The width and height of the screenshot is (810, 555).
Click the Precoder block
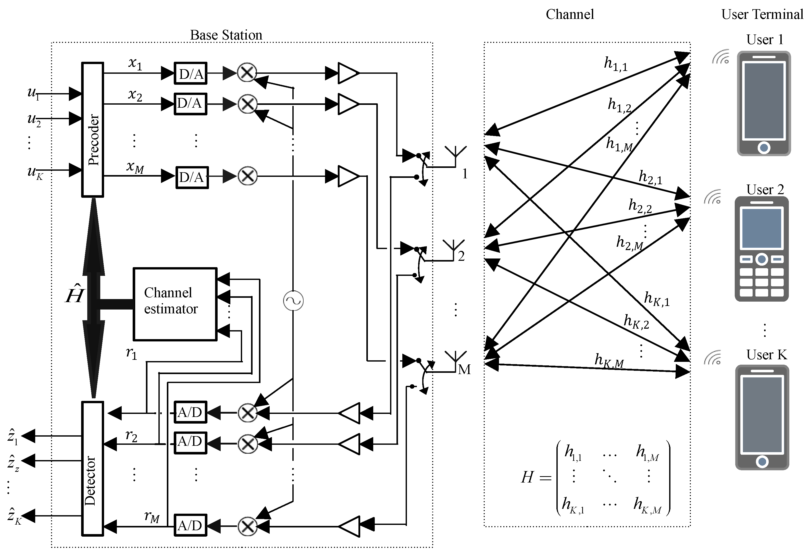pos(93,130)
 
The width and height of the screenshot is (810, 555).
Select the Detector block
pos(93,468)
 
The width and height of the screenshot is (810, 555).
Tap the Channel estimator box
pos(175,304)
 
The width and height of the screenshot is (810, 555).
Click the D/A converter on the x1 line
pos(191,73)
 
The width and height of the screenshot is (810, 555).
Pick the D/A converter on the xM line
pos(192,177)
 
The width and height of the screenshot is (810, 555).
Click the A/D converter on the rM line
pos(190,525)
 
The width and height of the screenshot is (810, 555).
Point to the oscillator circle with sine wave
pos(293,301)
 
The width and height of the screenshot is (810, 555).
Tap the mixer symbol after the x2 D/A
pos(247,104)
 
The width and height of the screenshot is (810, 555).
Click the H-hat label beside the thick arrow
pos(74,294)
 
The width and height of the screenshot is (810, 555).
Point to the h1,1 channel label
pos(616,64)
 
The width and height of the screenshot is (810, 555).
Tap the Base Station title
pos(226,35)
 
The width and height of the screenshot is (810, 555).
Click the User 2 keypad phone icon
pos(762,249)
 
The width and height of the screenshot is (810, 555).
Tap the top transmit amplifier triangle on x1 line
pos(347,73)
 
